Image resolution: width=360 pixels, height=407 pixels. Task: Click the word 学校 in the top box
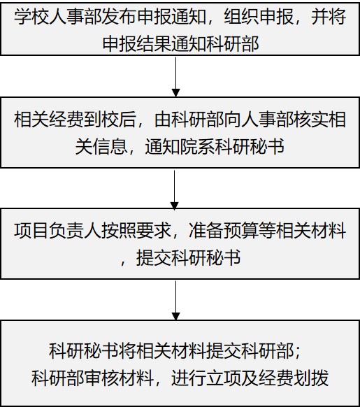[x=31, y=17]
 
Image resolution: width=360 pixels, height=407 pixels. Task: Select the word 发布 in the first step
[x=119, y=17]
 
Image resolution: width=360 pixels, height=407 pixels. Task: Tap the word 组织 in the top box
[x=241, y=17]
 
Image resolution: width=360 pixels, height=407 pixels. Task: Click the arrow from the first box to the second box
[x=175, y=77]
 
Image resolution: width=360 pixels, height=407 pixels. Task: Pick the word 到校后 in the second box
[x=110, y=120]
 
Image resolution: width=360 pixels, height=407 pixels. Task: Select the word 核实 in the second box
[x=311, y=120]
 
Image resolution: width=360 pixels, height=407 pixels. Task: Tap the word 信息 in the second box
[x=110, y=146]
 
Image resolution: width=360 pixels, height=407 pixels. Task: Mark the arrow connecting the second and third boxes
[x=174, y=190]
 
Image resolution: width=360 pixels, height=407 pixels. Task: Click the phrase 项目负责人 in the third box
[x=57, y=231]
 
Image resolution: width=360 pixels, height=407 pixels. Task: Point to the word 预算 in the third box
[x=241, y=231]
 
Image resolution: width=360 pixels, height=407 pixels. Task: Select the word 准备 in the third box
[x=206, y=231]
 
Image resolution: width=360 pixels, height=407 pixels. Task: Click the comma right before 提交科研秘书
[x=124, y=263]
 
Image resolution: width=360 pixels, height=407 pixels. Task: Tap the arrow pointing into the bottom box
[x=175, y=301]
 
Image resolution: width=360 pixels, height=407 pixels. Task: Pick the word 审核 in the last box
[x=101, y=378]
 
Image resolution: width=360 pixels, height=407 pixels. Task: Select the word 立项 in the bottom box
[x=224, y=378]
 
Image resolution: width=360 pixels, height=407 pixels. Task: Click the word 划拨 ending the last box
[x=311, y=378]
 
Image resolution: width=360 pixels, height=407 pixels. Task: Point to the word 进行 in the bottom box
[x=189, y=378]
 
